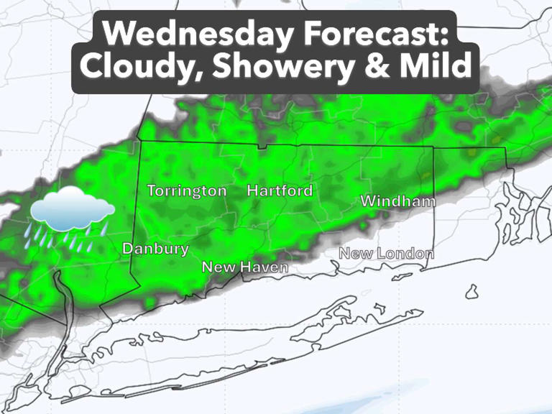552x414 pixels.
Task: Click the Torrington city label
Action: (x=187, y=191)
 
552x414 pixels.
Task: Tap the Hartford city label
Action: (x=280, y=191)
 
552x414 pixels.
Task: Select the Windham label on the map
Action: (x=397, y=201)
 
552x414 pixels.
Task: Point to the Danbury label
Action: (x=155, y=249)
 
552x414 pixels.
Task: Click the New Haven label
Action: (x=245, y=267)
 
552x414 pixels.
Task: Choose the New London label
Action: (x=386, y=254)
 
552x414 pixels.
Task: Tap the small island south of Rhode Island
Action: (x=471, y=292)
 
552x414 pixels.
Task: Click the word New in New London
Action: (x=354, y=254)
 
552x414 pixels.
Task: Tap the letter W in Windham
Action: (x=368, y=201)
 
